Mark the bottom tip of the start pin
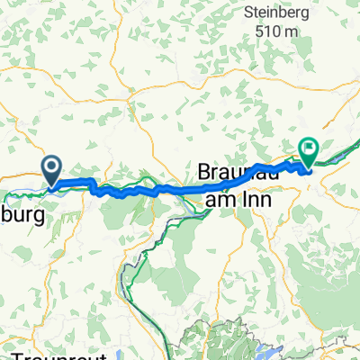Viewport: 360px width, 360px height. click(51, 186)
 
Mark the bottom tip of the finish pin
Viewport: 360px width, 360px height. click(307, 168)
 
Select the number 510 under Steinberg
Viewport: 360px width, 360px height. click(266, 33)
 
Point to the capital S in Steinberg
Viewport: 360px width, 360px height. click(247, 13)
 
